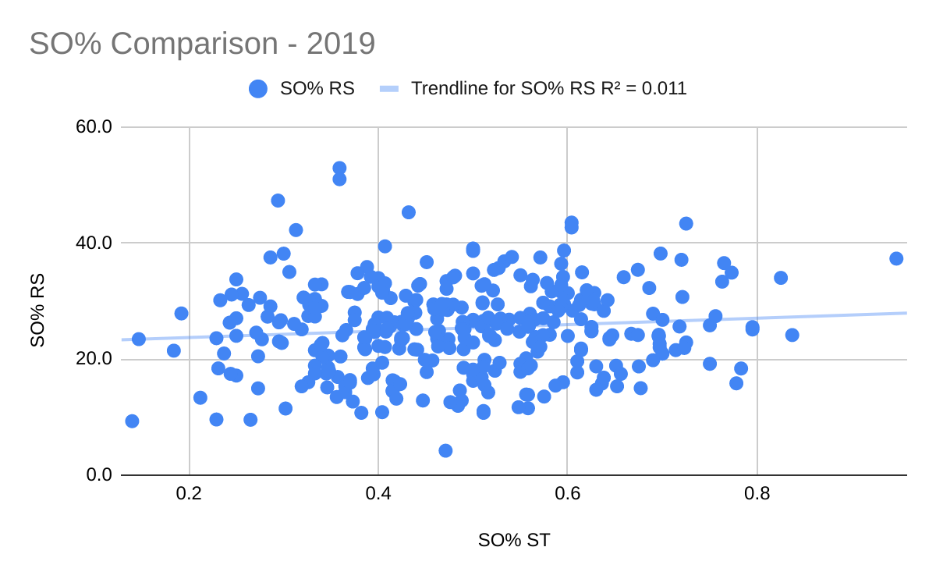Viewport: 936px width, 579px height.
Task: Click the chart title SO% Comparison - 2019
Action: [x=202, y=44]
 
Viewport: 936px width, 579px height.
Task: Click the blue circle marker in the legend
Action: [x=258, y=89]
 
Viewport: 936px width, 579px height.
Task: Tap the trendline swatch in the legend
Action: [x=389, y=89]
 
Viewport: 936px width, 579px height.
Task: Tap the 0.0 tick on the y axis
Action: [x=100, y=475]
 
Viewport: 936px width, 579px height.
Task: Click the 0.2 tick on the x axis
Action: [x=189, y=494]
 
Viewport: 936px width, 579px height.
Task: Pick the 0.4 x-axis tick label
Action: [x=378, y=494]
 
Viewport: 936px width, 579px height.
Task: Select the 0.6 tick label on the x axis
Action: [x=567, y=494]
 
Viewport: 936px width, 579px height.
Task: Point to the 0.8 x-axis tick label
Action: [x=757, y=494]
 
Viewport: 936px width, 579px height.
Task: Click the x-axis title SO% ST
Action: [x=514, y=540]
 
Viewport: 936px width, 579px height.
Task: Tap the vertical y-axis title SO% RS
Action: [x=37, y=310]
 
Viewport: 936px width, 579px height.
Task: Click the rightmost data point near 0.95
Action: [x=896, y=258]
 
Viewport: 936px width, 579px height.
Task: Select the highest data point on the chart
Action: [x=339, y=168]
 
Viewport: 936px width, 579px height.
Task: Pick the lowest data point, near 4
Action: [x=445, y=450]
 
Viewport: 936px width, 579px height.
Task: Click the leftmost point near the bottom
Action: [x=132, y=421]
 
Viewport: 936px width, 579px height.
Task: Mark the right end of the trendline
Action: [x=906, y=313]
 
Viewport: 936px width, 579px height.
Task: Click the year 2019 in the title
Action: [x=341, y=44]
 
